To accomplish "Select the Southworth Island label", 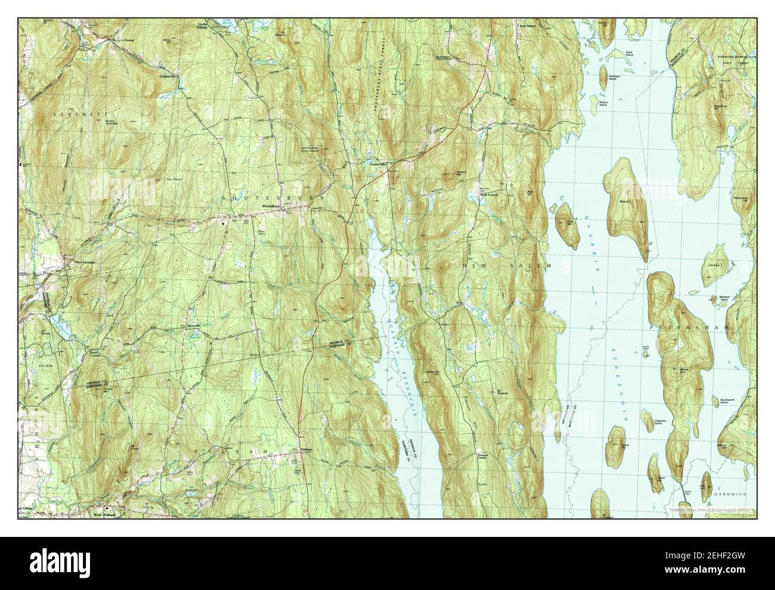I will [728, 401].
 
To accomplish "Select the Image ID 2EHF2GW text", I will [703, 558].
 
